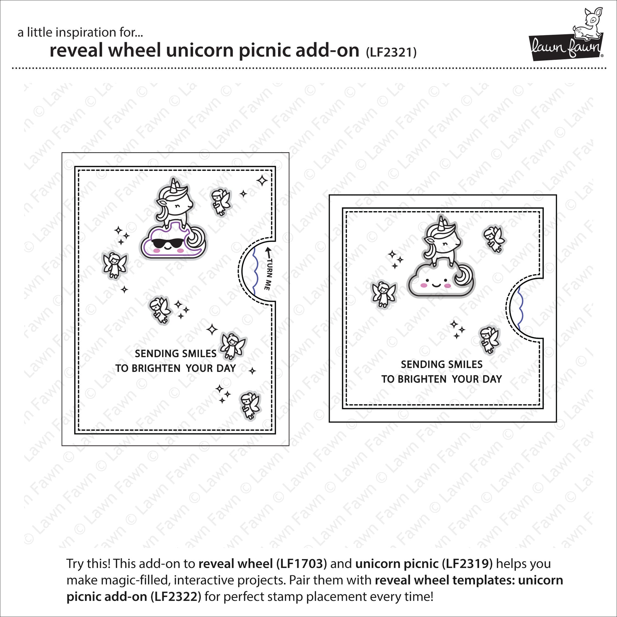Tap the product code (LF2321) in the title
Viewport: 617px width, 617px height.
click(391, 52)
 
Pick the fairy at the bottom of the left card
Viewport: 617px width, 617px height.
click(250, 405)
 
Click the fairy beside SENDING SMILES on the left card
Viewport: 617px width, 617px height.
click(233, 346)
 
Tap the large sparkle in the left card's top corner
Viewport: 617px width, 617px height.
click(262, 180)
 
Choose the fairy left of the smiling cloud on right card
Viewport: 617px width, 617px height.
click(384, 294)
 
